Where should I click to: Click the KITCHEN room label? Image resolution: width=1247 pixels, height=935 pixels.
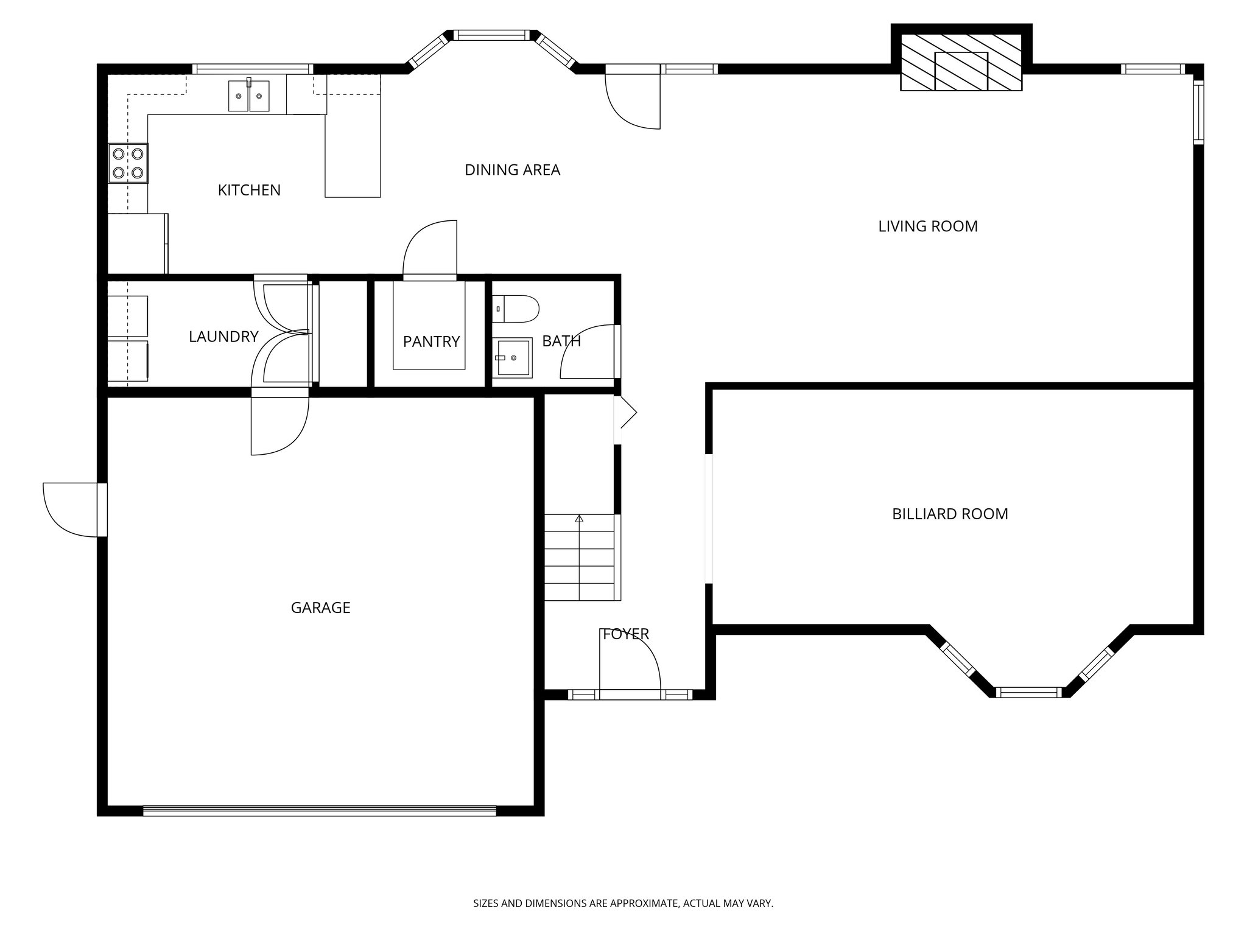[x=249, y=191]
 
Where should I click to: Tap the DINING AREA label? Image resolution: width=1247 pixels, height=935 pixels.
[x=512, y=170]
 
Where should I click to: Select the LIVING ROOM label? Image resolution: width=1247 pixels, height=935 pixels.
[x=927, y=226]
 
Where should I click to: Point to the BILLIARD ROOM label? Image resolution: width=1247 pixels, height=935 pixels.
[x=949, y=514]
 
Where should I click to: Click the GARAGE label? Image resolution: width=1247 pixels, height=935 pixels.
[x=320, y=608]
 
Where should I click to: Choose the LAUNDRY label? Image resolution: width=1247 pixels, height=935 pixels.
[x=223, y=337]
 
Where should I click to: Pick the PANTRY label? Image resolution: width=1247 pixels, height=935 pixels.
[x=431, y=341]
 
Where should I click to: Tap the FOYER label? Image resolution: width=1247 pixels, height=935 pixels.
[x=625, y=634]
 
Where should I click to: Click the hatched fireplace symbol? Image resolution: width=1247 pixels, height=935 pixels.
[x=961, y=62]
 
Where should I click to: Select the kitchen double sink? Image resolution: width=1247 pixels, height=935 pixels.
[x=248, y=97]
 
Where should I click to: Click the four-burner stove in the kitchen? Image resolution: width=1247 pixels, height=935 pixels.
[x=128, y=163]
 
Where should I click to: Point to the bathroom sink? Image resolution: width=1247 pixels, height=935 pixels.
[x=511, y=358]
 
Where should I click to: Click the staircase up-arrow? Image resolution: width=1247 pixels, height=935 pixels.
[x=579, y=519]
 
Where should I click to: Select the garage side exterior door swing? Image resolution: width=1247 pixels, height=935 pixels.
[x=70, y=510]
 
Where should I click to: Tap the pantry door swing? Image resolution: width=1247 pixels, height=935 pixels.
[x=429, y=250]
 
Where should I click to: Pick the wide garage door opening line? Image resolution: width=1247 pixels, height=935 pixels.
[x=320, y=810]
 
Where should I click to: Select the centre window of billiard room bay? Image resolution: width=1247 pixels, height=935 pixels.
[x=1028, y=692]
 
